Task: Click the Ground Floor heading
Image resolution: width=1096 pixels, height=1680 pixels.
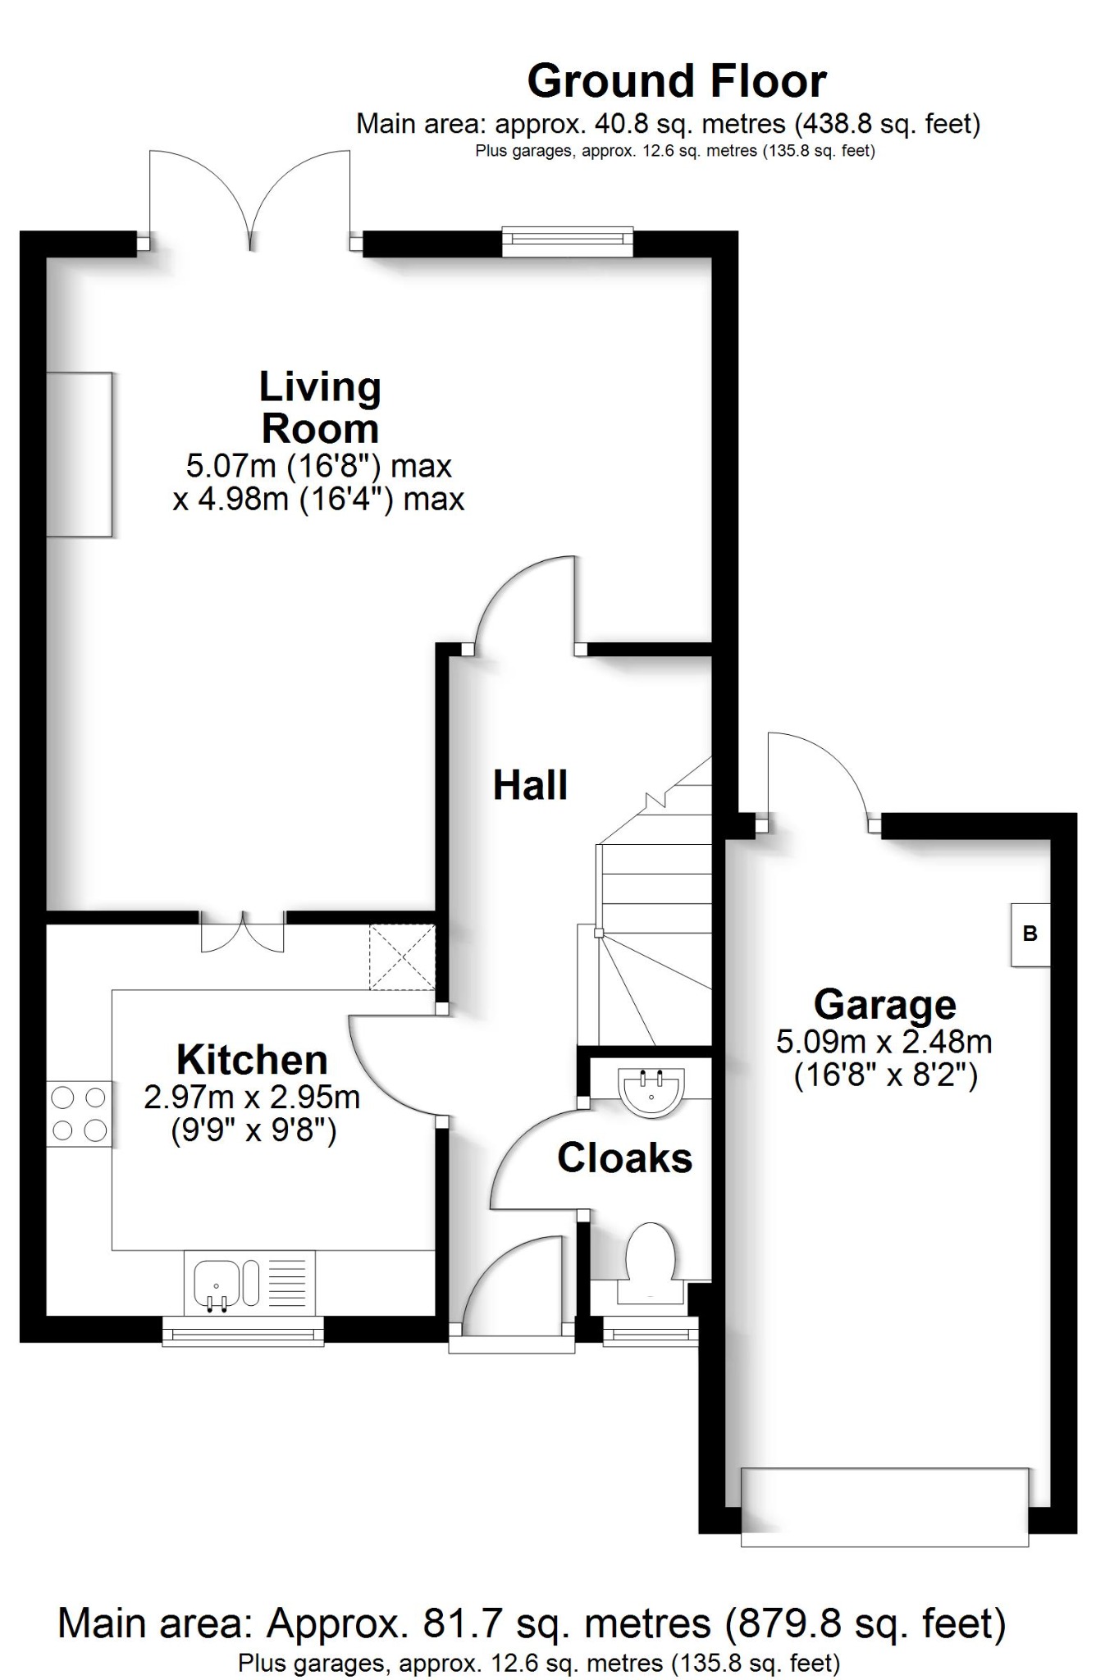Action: point(676,81)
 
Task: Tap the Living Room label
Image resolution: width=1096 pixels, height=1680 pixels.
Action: point(320,408)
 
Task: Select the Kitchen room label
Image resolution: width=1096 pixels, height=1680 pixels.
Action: point(252,1060)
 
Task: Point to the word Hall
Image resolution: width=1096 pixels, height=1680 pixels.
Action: point(530,786)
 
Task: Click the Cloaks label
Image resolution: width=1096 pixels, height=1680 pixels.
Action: point(624,1158)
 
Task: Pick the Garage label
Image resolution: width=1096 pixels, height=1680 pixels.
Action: point(884,1004)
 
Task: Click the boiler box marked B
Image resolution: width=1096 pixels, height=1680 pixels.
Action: point(1030,934)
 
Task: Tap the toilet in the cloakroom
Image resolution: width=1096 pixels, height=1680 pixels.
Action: point(650,1261)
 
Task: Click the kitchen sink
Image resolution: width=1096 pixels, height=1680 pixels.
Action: point(218,1283)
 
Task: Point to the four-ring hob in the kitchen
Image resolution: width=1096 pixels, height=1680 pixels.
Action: point(79,1113)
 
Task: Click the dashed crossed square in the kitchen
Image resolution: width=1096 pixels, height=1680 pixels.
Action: point(401,956)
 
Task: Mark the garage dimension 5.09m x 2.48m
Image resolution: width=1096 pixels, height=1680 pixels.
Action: point(884,1043)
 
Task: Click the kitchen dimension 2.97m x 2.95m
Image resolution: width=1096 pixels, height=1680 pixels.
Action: point(252,1097)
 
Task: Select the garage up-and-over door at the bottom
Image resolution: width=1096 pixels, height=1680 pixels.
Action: point(884,1507)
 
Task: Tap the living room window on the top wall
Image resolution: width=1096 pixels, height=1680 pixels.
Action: point(568,238)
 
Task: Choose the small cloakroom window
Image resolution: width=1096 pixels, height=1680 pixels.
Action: point(651,1334)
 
